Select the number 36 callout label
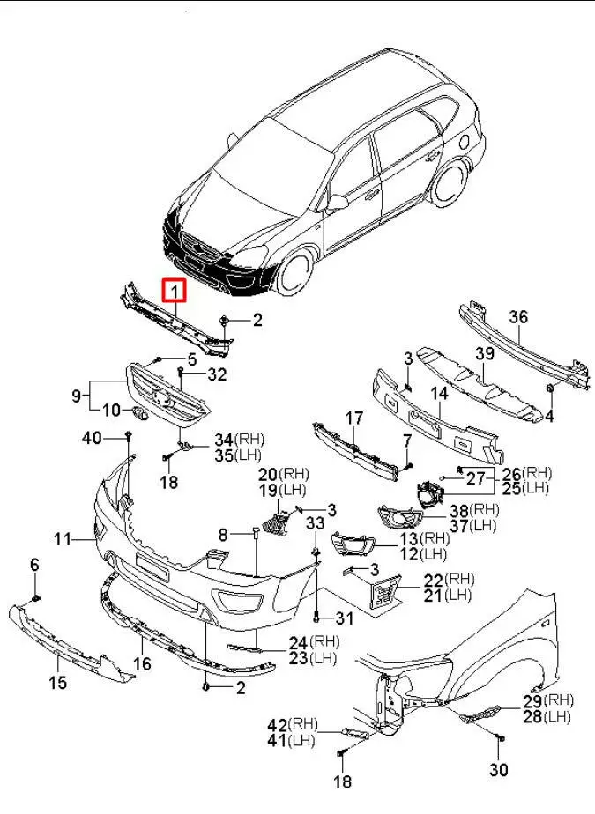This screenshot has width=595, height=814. pyautogui.click(x=518, y=318)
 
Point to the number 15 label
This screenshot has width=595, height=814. pyautogui.click(x=58, y=681)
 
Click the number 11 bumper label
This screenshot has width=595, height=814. pyautogui.click(x=62, y=538)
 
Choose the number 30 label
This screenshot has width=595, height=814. pyautogui.click(x=499, y=770)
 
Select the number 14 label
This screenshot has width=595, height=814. pyautogui.click(x=439, y=394)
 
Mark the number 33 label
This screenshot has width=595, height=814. pyautogui.click(x=315, y=523)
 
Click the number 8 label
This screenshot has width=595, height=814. pyautogui.click(x=223, y=534)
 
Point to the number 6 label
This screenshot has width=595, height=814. pyautogui.click(x=35, y=565)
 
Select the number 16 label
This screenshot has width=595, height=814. pyautogui.click(x=142, y=662)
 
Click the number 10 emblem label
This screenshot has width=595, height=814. pyautogui.click(x=111, y=411)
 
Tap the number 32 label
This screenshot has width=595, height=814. pyautogui.click(x=217, y=374)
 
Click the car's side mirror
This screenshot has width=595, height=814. pyautogui.click(x=337, y=203)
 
